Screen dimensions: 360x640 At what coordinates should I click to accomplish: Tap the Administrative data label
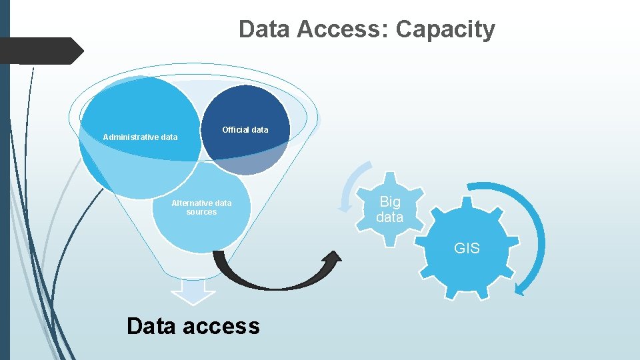(x=140, y=137)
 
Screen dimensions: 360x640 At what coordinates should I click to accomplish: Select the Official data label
(x=245, y=129)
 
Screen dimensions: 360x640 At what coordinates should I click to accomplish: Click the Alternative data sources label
(x=201, y=207)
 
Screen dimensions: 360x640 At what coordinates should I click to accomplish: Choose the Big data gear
(x=390, y=209)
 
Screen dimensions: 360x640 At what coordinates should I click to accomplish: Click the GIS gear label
(x=467, y=249)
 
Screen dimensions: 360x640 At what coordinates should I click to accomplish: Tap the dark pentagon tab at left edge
(x=40, y=51)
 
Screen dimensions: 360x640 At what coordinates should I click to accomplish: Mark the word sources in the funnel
(x=201, y=212)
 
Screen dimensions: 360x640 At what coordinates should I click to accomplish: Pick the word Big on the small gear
(x=390, y=201)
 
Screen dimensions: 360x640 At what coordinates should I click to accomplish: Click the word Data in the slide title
(x=264, y=29)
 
